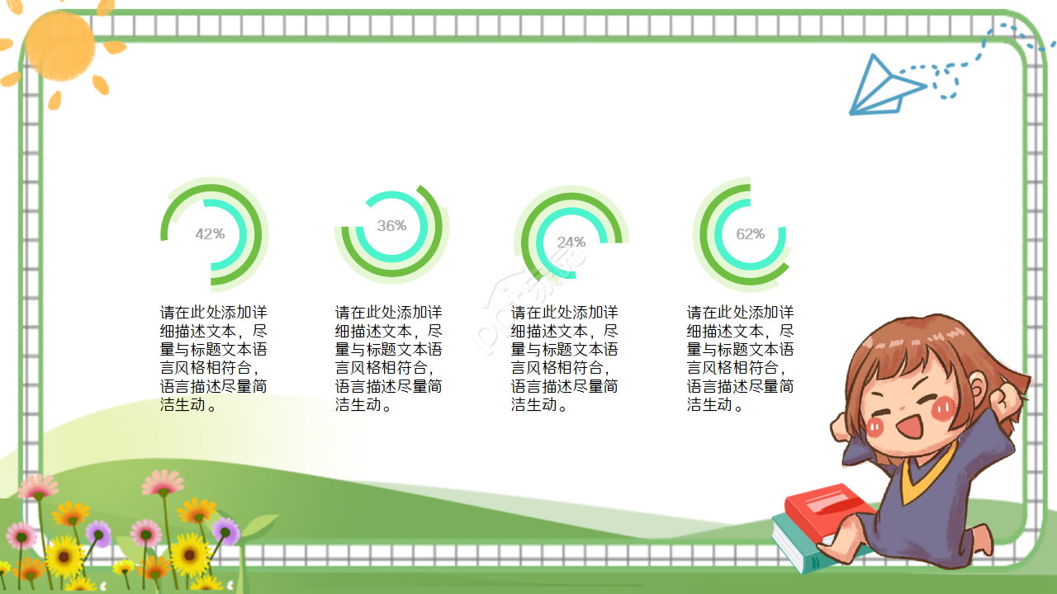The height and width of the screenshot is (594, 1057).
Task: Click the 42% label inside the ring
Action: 210,234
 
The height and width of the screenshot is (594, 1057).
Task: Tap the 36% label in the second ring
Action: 391,226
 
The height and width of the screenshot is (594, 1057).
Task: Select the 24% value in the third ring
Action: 571,243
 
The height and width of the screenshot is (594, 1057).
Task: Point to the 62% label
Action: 750,234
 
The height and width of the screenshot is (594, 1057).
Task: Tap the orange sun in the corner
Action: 60,45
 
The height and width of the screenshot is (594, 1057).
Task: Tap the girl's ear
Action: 977,387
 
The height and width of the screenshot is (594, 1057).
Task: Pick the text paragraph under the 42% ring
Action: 213,359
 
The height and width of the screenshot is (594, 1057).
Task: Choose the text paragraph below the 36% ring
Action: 388,359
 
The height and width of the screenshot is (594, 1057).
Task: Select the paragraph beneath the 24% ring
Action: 564,359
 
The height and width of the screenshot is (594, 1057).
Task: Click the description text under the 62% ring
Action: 740,359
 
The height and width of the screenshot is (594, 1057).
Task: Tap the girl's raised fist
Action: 1006,401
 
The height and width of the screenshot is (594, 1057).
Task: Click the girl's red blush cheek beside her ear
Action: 945,408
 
